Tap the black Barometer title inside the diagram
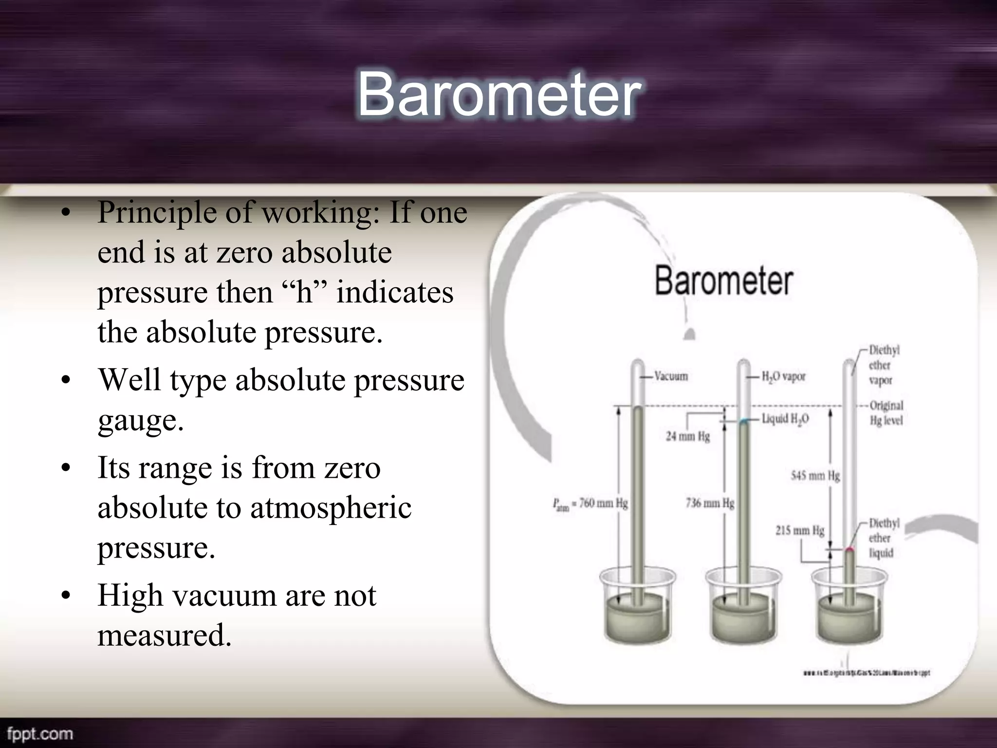coord(724,281)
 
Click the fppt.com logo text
coord(40,734)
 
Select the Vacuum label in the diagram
coord(671,376)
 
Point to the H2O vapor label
coord(783,376)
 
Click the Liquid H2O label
coord(785,419)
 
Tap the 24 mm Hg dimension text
coord(687,436)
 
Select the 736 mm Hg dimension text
coord(710,503)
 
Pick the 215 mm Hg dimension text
coord(800,530)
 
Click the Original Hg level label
coord(886,413)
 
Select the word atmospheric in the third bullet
coord(331,508)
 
